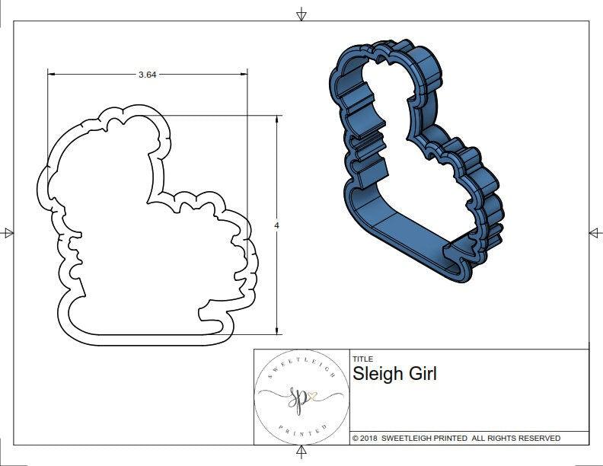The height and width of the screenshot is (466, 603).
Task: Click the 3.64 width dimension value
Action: (147, 75)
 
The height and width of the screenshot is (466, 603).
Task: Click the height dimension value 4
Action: (276, 225)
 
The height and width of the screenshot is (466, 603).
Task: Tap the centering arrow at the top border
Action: (301, 14)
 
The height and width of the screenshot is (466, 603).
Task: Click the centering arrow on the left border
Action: (8, 232)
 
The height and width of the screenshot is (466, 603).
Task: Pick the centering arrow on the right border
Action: (595, 232)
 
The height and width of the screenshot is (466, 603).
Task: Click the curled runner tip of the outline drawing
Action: (203, 312)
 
